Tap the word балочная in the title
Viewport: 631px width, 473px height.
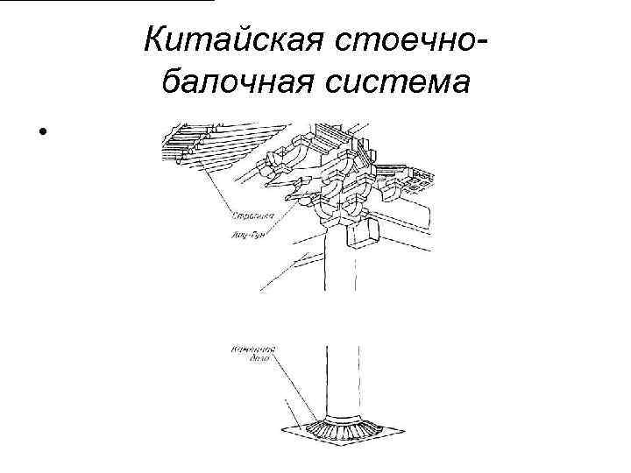(236, 84)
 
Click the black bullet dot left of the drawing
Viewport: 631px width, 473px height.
(40, 134)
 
